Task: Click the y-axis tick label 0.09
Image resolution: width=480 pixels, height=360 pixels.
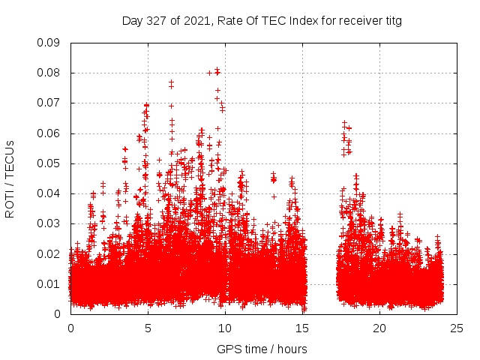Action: tap(49, 43)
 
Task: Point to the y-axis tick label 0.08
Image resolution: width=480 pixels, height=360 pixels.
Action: tap(49, 73)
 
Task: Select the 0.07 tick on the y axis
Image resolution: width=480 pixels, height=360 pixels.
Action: tap(49, 103)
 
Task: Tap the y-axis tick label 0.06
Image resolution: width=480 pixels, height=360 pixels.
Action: tap(49, 133)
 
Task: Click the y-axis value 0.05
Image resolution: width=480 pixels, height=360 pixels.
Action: tap(49, 163)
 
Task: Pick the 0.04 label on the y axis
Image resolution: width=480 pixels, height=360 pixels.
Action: tap(49, 193)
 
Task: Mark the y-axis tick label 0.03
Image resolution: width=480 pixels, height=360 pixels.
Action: tap(49, 223)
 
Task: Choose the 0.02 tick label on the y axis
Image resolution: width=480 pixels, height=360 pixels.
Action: tap(49, 253)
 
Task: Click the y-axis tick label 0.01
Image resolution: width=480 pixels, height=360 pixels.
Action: tap(49, 283)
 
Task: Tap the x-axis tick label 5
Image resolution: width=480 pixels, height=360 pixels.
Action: tap(148, 328)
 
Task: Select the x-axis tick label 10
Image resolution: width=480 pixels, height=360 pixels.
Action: tap(225, 328)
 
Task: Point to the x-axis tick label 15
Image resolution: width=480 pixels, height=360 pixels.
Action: tap(302, 328)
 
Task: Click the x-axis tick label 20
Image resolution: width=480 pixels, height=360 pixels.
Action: tap(379, 328)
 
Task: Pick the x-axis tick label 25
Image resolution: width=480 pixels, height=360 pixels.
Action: tap(457, 328)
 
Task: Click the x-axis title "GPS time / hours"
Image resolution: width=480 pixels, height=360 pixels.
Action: tap(262, 349)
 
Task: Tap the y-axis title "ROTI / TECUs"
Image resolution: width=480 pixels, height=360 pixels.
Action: tap(10, 178)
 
